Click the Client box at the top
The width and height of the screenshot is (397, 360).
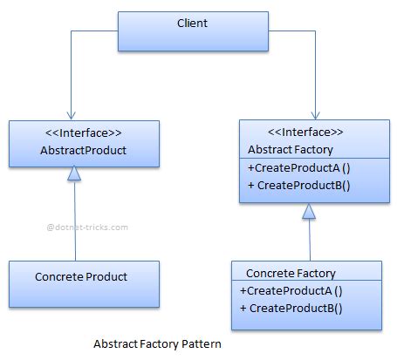pyautogui.click(x=192, y=31)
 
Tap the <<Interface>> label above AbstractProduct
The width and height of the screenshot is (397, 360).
pyautogui.click(x=83, y=133)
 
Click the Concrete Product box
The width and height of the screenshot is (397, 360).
pyautogui.click(x=83, y=278)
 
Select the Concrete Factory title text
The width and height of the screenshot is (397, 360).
pyautogui.click(x=291, y=273)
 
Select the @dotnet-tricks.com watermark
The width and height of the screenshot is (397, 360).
pyautogui.click(x=86, y=227)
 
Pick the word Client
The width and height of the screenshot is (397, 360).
pyautogui.click(x=192, y=23)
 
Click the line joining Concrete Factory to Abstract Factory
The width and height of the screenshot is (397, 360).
pyautogui.click(x=306, y=238)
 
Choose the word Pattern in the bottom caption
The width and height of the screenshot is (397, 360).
pyautogui.click(x=202, y=344)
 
